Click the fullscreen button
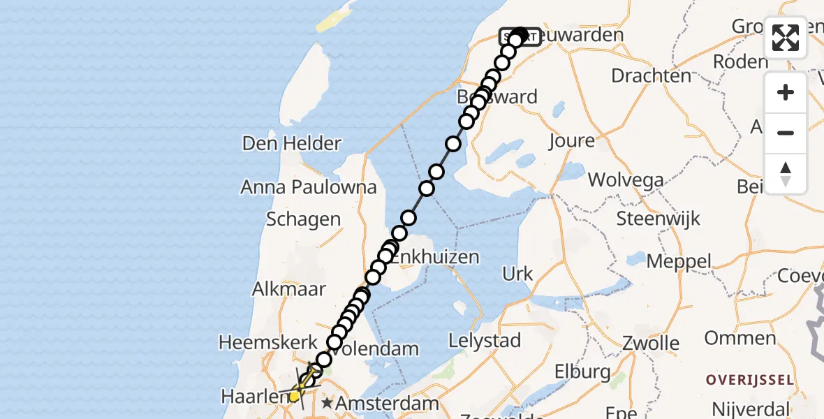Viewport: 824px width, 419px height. [786, 38]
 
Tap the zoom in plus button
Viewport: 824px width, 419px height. [786, 92]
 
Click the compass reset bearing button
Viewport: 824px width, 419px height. [786, 174]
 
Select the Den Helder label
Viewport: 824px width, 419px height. [291, 144]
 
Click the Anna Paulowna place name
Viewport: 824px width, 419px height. [309, 187]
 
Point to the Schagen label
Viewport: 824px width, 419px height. [303, 219]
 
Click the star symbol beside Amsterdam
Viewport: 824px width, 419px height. [327, 404]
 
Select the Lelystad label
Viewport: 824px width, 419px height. [485, 341]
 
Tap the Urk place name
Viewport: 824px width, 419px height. [517, 274]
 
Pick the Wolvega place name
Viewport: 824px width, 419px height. [626, 180]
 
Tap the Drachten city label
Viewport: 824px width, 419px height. [652, 75]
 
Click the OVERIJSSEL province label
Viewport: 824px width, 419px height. [750, 381]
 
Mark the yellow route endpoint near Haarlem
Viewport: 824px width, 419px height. [295, 396]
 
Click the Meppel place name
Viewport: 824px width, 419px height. [679, 263]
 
